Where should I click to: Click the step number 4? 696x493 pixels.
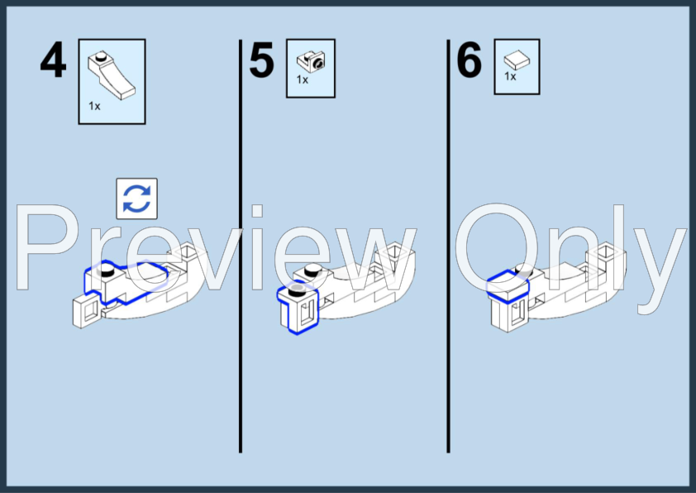(53, 60)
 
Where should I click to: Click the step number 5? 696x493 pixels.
(261, 60)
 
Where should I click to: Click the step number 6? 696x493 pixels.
(470, 60)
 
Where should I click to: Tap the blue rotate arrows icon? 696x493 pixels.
(136, 199)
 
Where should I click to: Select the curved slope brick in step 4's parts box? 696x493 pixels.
(112, 74)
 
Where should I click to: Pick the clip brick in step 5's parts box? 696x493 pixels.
(311, 61)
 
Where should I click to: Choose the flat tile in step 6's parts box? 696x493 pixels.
(517, 60)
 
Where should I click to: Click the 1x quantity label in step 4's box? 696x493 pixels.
(94, 106)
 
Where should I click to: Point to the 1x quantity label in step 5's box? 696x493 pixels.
(303, 79)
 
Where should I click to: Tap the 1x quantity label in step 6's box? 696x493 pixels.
(510, 76)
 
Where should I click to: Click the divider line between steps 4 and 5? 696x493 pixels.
(241, 246)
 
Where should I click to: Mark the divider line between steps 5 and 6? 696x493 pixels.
(448, 246)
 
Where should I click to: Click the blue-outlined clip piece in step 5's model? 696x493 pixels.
(298, 308)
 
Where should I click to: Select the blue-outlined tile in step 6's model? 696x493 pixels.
(508, 286)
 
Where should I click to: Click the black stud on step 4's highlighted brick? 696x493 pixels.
(107, 269)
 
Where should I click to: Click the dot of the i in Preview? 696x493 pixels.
(257, 211)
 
